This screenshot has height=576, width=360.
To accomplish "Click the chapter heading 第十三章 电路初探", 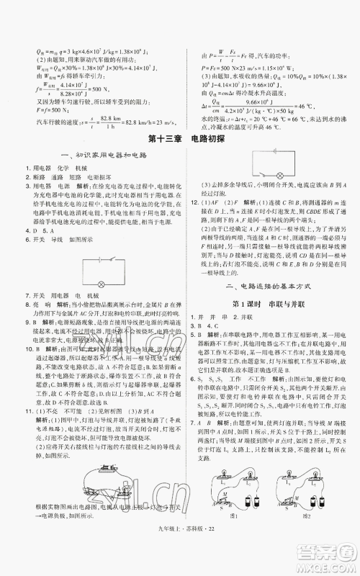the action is (x=180, y=138).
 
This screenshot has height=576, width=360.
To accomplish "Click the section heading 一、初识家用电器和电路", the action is (x=94, y=156).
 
